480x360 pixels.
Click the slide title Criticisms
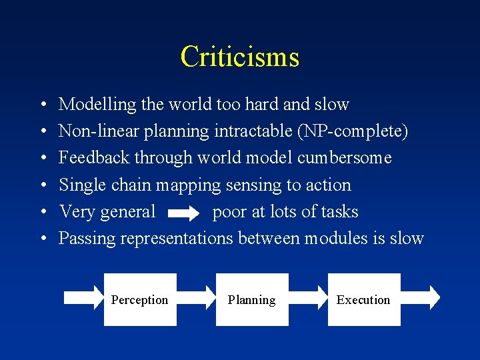(239, 57)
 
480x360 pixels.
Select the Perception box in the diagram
(140, 299)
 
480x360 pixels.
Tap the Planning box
(251, 299)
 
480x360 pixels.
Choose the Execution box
(363, 299)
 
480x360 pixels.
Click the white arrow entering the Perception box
(83, 299)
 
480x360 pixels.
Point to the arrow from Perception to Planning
(196, 299)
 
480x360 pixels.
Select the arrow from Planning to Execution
(308, 299)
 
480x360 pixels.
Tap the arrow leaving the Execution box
(420, 299)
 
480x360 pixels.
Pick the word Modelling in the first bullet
(89, 105)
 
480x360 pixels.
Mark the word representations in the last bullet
(176, 239)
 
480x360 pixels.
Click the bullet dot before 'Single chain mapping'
(43, 185)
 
